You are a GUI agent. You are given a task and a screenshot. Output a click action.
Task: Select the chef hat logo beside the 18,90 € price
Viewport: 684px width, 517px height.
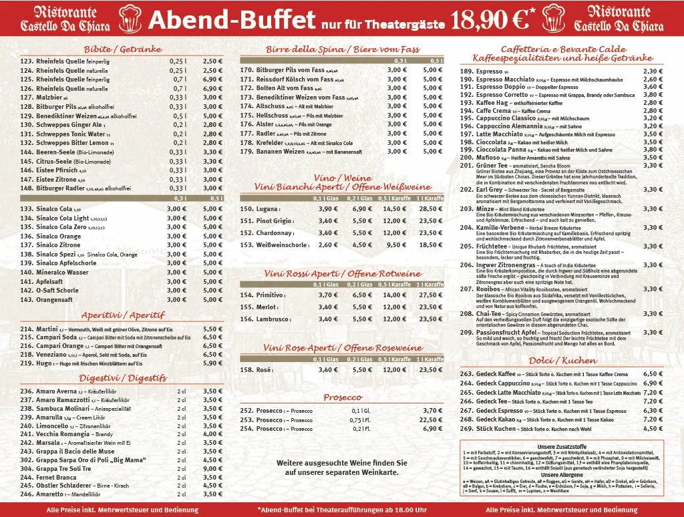(553, 19)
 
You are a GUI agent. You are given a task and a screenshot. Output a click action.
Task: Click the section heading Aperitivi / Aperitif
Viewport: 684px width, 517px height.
(123, 315)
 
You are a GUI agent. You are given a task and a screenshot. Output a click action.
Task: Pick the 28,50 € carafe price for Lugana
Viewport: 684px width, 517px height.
(430, 209)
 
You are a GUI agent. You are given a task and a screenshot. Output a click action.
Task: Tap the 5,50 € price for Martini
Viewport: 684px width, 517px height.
(212, 329)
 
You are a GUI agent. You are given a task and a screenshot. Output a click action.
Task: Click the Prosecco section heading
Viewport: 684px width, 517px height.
(343, 397)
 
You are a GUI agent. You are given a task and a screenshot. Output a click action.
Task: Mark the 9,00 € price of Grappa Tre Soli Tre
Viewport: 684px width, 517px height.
(212, 469)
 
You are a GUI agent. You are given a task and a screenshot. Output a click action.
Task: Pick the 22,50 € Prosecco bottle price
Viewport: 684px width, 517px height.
(430, 419)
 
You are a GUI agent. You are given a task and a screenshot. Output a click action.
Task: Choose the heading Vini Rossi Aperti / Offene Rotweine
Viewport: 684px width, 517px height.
(343, 274)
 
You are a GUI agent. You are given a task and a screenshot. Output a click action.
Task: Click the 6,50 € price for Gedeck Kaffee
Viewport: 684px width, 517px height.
(652, 374)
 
